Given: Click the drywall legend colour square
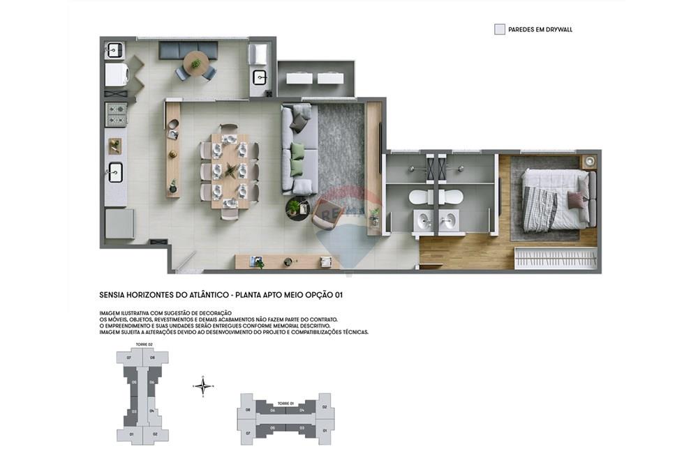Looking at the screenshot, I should click(500, 29).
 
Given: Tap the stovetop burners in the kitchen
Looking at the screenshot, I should click(116, 114).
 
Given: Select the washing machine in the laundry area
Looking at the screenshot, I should click(116, 75).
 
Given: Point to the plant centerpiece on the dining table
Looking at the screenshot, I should click(230, 169).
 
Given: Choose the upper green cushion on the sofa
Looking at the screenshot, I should click(298, 152).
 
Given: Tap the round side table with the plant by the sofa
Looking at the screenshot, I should click(297, 208).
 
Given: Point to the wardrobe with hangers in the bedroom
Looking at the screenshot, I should click(556, 258).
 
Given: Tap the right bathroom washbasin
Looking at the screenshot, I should click(449, 222).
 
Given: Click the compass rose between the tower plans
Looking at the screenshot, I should click(202, 386).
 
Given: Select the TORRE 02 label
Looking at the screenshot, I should click(144, 344).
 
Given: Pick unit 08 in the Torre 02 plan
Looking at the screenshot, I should click(153, 358).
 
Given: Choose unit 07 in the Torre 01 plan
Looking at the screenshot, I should click(248, 433).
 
